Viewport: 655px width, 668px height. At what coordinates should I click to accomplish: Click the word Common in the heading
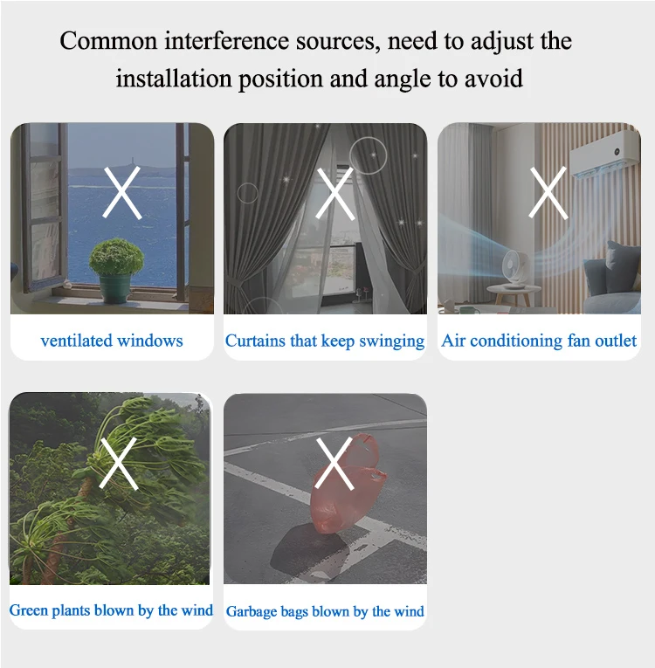click(x=108, y=41)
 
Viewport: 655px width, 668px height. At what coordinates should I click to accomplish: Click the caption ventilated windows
click(x=112, y=341)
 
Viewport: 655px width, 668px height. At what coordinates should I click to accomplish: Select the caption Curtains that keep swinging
click(x=325, y=341)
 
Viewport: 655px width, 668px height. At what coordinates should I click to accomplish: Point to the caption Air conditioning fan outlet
click(x=539, y=341)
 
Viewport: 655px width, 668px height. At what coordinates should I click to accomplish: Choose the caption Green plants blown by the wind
click(x=111, y=610)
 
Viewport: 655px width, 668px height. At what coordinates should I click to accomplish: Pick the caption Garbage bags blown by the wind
click(x=325, y=611)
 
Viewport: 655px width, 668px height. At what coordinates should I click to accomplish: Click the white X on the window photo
click(x=122, y=193)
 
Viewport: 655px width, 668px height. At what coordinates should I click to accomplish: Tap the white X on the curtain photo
click(x=335, y=193)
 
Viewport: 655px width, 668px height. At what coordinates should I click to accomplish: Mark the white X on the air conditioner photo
click(x=548, y=193)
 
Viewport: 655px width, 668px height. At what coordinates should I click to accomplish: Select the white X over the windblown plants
click(x=119, y=463)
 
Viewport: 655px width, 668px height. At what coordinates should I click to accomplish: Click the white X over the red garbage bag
click(x=335, y=464)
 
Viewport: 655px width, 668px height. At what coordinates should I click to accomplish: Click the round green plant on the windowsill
click(x=116, y=257)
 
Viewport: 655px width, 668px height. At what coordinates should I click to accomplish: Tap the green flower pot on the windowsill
click(x=115, y=288)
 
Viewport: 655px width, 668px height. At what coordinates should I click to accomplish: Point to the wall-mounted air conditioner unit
click(x=605, y=153)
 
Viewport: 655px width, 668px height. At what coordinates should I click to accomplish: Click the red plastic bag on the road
click(x=348, y=484)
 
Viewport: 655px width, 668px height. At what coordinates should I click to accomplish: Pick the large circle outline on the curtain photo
click(x=369, y=155)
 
